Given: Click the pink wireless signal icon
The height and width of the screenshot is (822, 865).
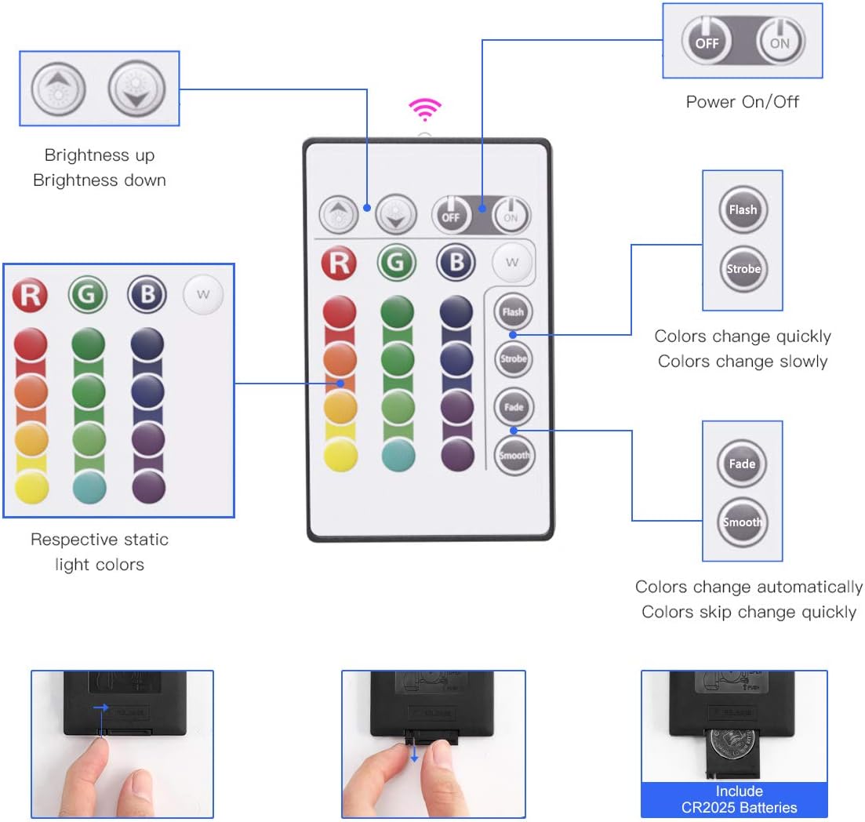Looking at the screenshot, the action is point(426,110).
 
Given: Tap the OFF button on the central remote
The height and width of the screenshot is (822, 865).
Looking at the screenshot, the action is point(451,214).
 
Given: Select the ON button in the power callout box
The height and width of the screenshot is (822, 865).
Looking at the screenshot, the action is point(780,43).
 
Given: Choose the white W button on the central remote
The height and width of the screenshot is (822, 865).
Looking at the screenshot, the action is point(512,262).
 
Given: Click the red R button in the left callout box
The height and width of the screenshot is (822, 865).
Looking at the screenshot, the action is point(30,296).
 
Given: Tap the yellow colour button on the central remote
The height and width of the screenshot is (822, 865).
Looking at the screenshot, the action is point(340,455).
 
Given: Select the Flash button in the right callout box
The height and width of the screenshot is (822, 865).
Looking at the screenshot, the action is point(743,209).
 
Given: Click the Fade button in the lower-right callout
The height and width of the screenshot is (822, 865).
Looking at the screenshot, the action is point(742,464).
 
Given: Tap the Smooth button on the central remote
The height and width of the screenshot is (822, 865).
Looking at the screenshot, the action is point(514,455).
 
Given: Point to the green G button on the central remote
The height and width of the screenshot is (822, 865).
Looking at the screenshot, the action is point(396,262).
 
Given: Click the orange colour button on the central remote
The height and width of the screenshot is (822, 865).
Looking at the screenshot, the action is point(340,359).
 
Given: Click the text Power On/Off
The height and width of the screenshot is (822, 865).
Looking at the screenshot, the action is point(742,102).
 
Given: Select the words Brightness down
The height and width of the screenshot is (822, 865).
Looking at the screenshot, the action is point(100,180).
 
